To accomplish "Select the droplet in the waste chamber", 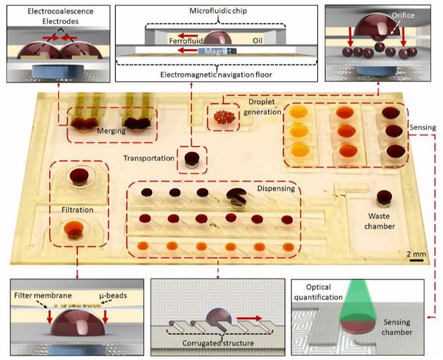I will tap(384, 198).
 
